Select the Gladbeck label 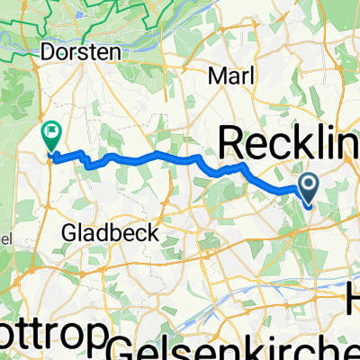pos(110,233)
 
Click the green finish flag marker pos(49,135)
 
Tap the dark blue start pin pos(308,187)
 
